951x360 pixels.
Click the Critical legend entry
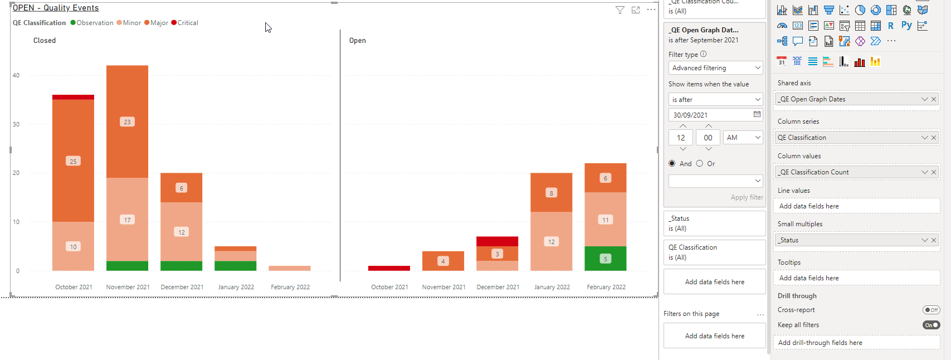click(184, 23)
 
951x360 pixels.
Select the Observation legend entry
click(92, 23)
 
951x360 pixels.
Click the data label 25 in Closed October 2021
click(73, 161)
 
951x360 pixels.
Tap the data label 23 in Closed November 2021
click(128, 122)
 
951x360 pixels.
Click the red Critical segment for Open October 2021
click(389, 268)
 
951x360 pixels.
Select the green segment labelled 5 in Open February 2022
click(606, 259)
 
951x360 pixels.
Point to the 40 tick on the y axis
click(16, 76)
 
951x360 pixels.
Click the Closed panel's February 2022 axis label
click(290, 287)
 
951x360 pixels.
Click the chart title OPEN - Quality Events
click(56, 8)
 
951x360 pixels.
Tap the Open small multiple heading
click(358, 40)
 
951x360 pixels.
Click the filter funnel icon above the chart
click(620, 10)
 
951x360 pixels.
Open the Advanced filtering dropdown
click(715, 68)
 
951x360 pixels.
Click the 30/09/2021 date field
click(715, 115)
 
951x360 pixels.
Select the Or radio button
click(700, 163)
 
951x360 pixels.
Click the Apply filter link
click(747, 197)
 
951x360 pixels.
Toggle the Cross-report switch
click(931, 310)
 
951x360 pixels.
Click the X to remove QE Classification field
click(934, 138)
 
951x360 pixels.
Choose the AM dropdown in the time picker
click(743, 138)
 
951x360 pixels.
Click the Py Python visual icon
click(906, 26)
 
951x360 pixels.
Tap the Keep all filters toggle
click(931, 325)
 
